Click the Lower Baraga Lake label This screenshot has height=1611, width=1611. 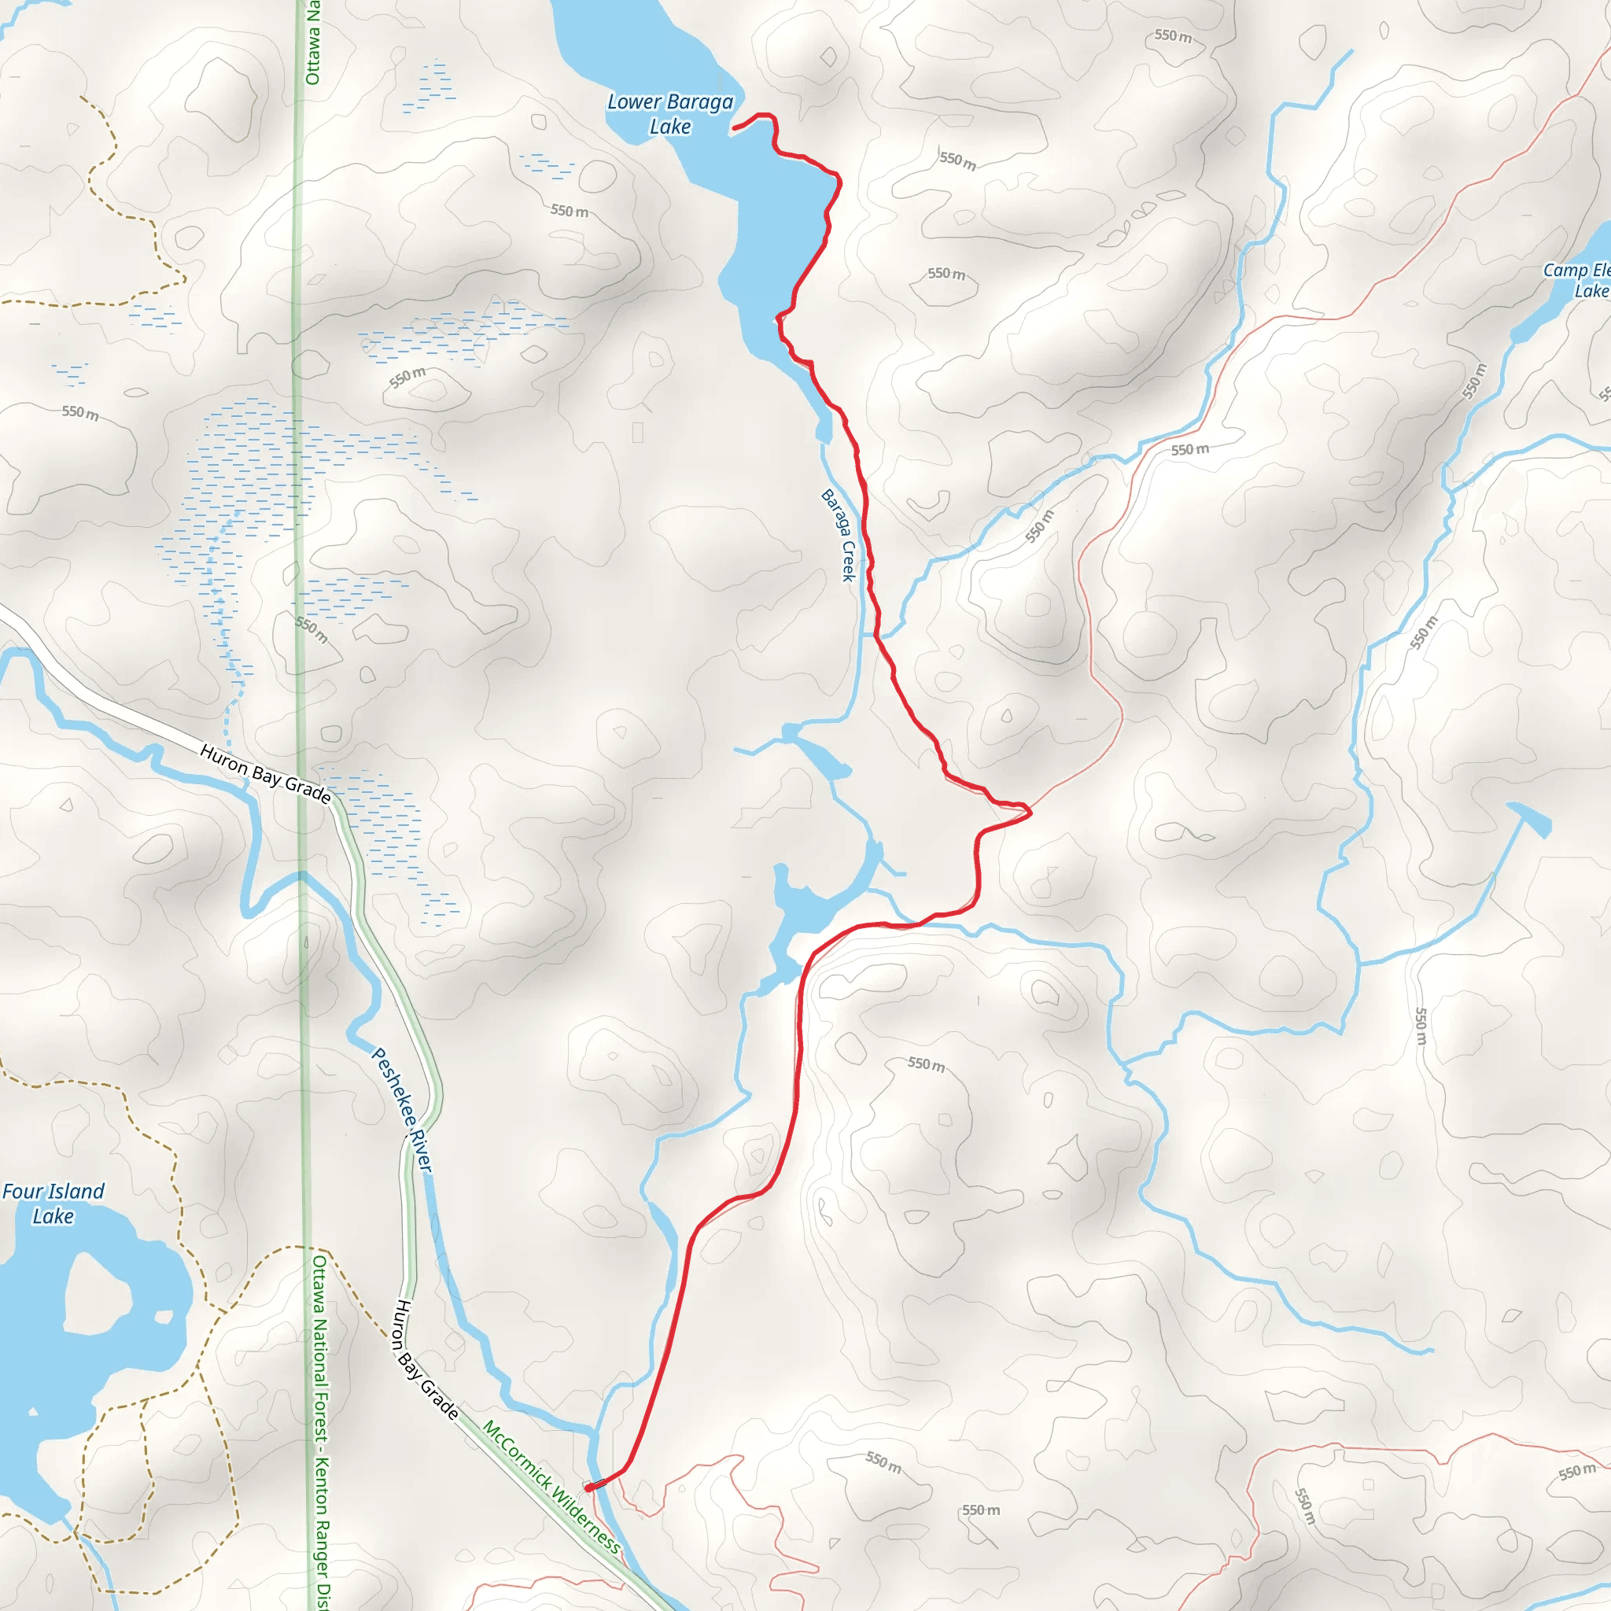pyautogui.click(x=669, y=114)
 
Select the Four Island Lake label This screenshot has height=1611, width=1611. pyautogui.click(x=53, y=1204)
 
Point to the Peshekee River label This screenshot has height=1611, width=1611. pyautogui.click(x=401, y=1110)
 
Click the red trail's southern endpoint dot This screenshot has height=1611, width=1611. pyautogui.click(x=588, y=1488)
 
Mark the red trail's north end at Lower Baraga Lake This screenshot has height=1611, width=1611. pyautogui.click(x=734, y=127)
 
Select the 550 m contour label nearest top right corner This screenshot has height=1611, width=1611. pyautogui.click(x=1172, y=36)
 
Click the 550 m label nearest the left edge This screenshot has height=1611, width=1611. pyautogui.click(x=80, y=412)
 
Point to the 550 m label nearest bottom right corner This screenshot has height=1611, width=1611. pyautogui.click(x=1577, y=1472)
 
